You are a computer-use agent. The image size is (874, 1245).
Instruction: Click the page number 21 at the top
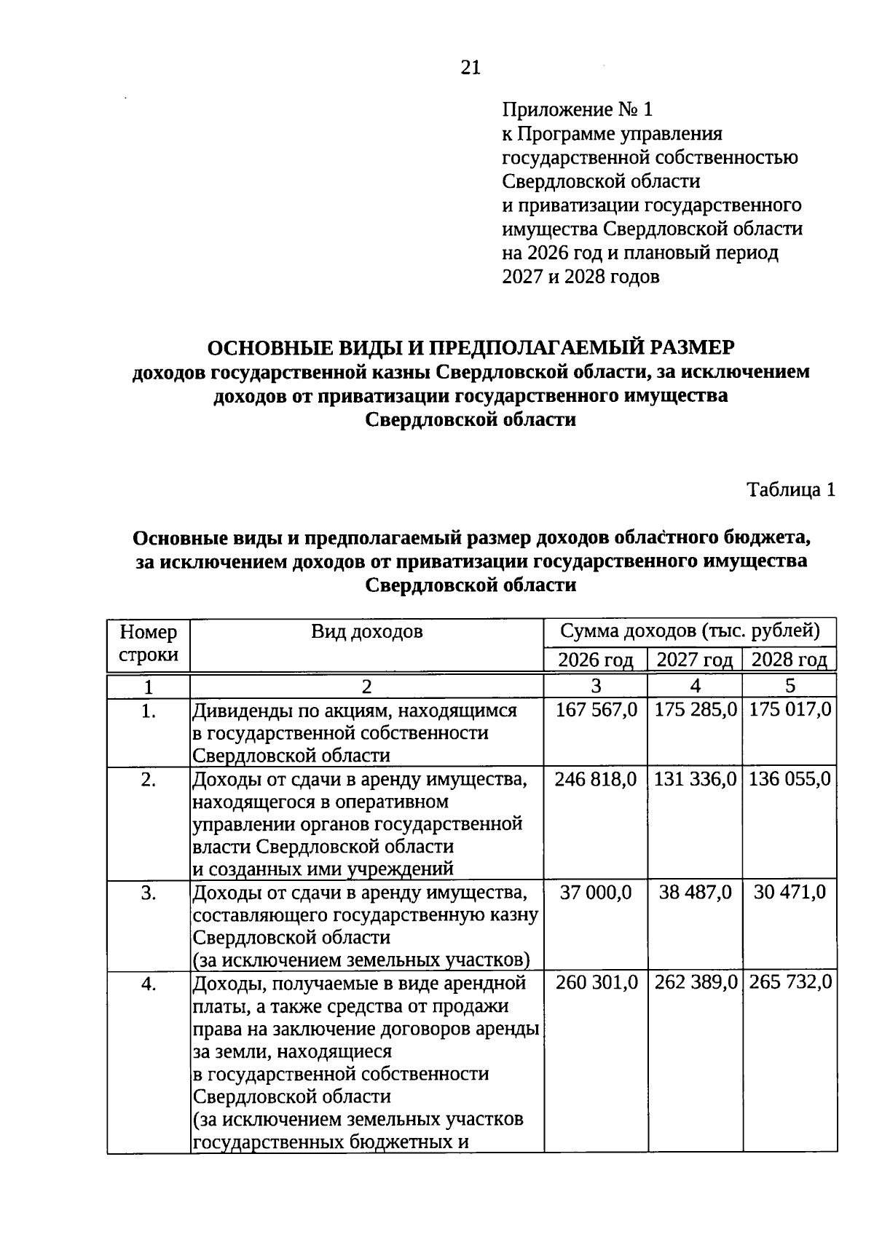(x=471, y=68)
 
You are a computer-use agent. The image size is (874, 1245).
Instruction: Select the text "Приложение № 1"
(x=578, y=110)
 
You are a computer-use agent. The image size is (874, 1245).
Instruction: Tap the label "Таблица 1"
(x=791, y=490)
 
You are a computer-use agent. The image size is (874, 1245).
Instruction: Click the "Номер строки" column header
(x=149, y=643)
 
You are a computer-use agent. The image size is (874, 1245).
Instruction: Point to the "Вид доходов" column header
(x=367, y=631)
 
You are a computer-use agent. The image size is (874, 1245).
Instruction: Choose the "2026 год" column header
(x=596, y=660)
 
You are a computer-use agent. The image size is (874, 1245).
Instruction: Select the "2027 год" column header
(x=695, y=660)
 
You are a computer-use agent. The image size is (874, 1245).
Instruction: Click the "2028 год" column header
(x=790, y=660)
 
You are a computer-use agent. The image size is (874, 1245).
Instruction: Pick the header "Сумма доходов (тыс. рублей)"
(x=690, y=631)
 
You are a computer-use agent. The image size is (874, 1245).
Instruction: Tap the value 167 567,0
(x=597, y=710)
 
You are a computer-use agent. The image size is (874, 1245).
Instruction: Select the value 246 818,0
(x=596, y=779)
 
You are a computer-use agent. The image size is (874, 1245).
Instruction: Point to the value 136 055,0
(x=790, y=779)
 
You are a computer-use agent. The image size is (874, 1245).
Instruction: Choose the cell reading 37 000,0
(x=596, y=893)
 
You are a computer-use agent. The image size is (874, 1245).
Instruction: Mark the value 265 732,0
(x=790, y=983)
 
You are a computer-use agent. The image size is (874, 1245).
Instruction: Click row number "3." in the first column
(x=149, y=893)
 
